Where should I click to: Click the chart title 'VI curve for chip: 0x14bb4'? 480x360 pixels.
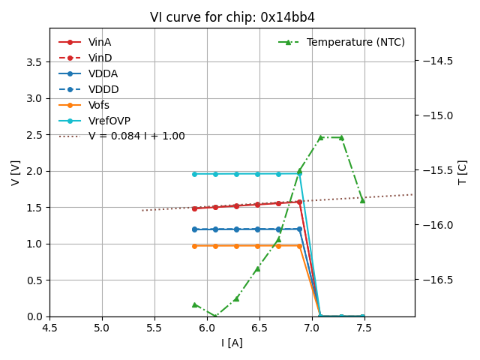[x=232, y=17]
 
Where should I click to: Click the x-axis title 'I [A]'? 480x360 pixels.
[x=232, y=343]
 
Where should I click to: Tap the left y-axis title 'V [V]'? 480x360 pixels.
[x=16, y=172]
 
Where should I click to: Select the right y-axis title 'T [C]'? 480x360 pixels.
[x=462, y=172]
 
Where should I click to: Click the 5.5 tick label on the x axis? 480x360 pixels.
[x=154, y=328]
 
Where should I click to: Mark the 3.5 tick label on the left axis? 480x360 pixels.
[x=34, y=61]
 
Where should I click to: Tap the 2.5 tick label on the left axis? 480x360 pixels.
[x=34, y=135]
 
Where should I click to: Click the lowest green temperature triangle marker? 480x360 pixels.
[x=215, y=316]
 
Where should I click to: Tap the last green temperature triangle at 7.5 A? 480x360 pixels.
[x=362, y=200]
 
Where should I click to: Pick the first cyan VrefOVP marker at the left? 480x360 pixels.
[x=194, y=174]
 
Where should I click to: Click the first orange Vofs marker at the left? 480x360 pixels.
[x=194, y=246]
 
